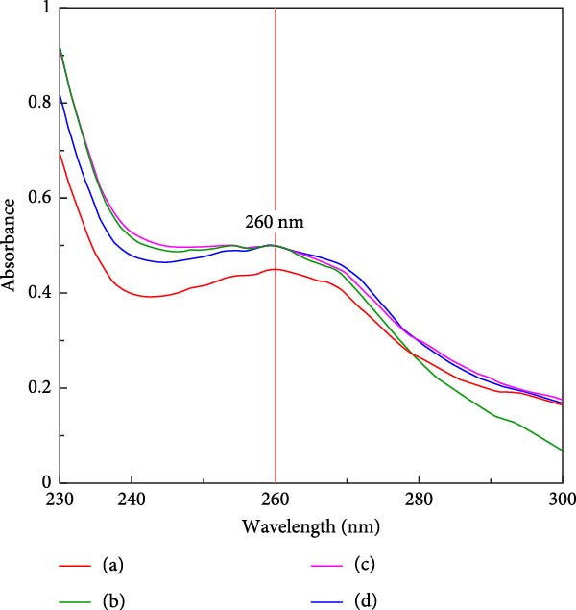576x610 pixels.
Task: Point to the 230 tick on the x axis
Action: point(60,499)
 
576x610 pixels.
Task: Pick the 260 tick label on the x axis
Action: point(276,499)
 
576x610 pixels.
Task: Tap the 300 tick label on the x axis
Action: point(562,499)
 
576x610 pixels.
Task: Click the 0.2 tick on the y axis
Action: point(41,388)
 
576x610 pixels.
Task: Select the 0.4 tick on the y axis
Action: point(41,293)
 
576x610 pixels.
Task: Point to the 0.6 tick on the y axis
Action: point(41,198)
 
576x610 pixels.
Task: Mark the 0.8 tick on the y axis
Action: point(41,103)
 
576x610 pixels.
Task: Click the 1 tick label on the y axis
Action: point(47,9)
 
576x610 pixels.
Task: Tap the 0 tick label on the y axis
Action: point(47,482)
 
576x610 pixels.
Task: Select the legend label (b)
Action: point(113,602)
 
